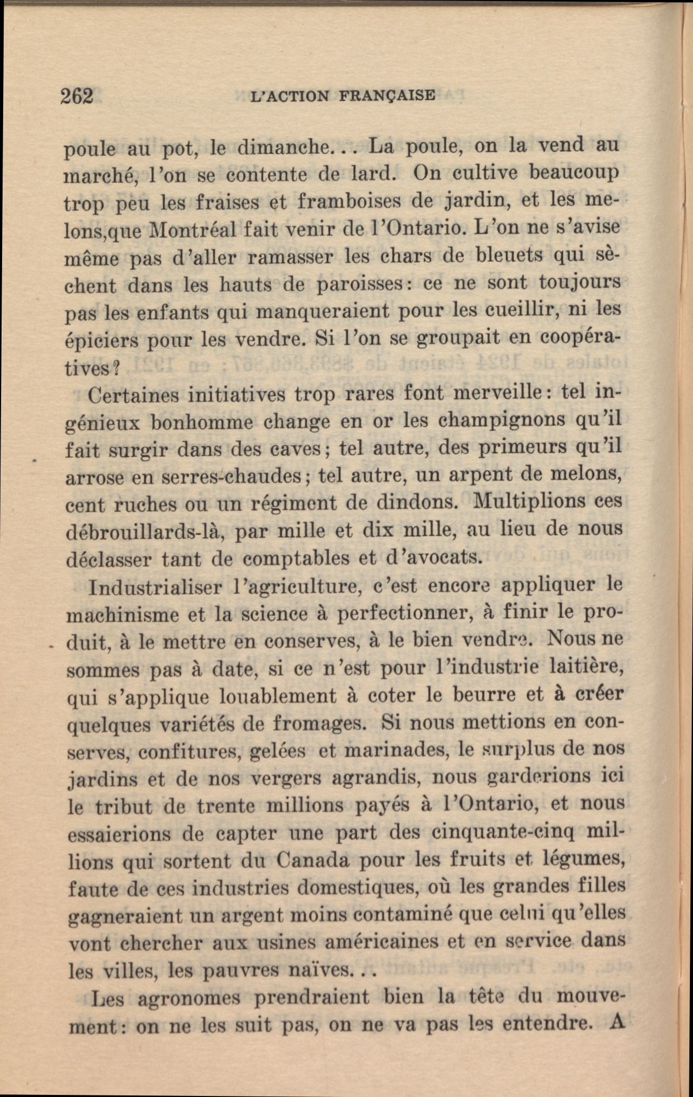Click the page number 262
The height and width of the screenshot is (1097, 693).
tap(77, 97)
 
